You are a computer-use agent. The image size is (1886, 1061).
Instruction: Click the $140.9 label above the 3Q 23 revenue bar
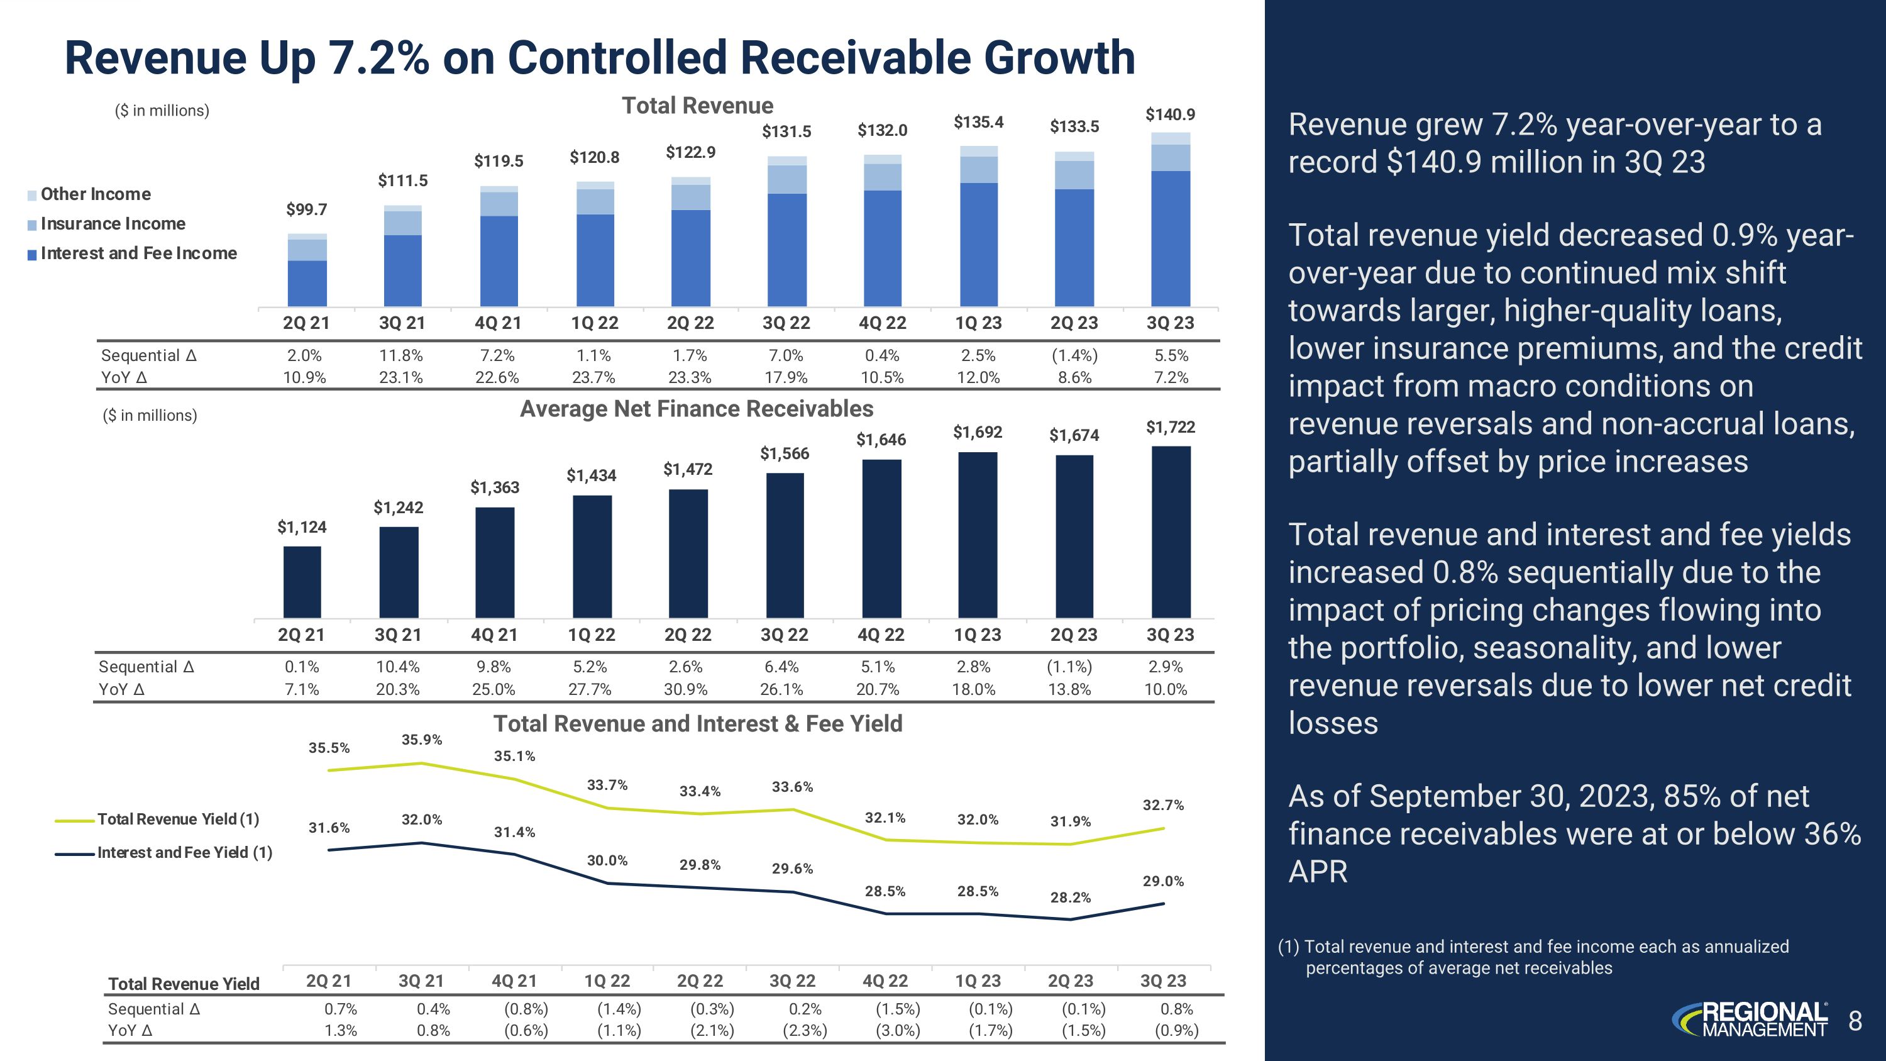[1170, 114]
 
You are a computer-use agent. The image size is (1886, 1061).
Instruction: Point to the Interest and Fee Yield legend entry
[184, 852]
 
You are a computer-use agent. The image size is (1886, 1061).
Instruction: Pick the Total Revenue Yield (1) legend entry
[178, 819]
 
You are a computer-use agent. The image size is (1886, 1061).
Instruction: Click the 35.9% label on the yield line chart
[422, 740]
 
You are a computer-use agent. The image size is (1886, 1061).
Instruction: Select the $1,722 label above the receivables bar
[1170, 427]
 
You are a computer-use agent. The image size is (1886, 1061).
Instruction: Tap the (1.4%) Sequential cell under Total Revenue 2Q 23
[1074, 355]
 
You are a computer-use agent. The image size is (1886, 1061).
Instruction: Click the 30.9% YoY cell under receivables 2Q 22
[685, 689]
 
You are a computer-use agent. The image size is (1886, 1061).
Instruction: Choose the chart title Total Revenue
[697, 106]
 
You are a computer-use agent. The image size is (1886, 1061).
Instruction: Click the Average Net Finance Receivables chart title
[697, 409]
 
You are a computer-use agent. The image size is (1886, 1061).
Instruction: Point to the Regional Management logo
[1749, 1020]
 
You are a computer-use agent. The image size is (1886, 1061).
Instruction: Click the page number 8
[1855, 1021]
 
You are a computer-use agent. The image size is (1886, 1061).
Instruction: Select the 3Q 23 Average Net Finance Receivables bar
[1171, 531]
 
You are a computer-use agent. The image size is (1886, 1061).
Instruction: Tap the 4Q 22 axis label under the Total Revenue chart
[882, 323]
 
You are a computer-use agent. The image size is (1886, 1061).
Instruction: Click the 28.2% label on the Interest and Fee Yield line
[1071, 897]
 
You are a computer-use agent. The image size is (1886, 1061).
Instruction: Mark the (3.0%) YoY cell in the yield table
[898, 1030]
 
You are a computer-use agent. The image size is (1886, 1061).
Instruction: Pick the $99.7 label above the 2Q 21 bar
[306, 209]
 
